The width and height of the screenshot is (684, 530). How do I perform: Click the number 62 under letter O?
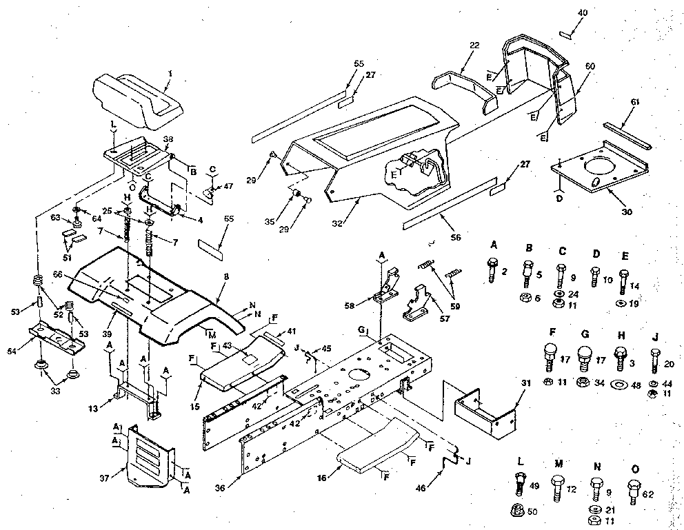[647, 493]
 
